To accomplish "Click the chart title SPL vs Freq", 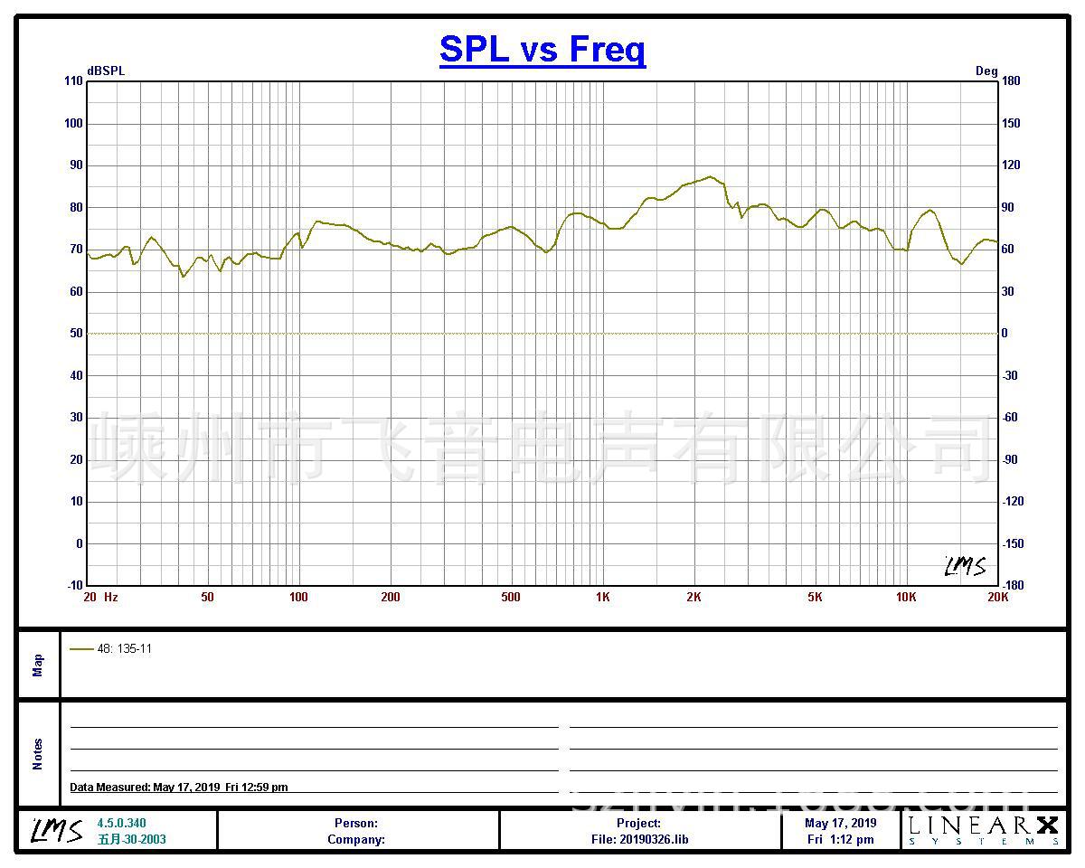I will coord(542,49).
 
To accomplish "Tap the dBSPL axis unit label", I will coord(106,71).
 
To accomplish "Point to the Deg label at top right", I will coord(986,71).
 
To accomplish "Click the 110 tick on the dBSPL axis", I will coord(73,81).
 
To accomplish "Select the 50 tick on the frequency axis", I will coord(208,597).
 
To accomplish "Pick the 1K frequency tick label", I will coord(603,597).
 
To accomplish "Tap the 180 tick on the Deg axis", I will coord(1011,81).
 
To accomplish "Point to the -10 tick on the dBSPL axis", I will coord(73,585).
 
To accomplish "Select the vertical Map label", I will coord(38,665).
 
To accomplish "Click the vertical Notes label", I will coord(38,754).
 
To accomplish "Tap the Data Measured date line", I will coord(179,788).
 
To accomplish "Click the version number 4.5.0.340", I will coord(121,823).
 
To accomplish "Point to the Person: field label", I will coord(356,823).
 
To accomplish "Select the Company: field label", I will coord(356,839).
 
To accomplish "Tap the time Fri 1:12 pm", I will coord(841,839).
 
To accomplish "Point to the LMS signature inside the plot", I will coord(965,566).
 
